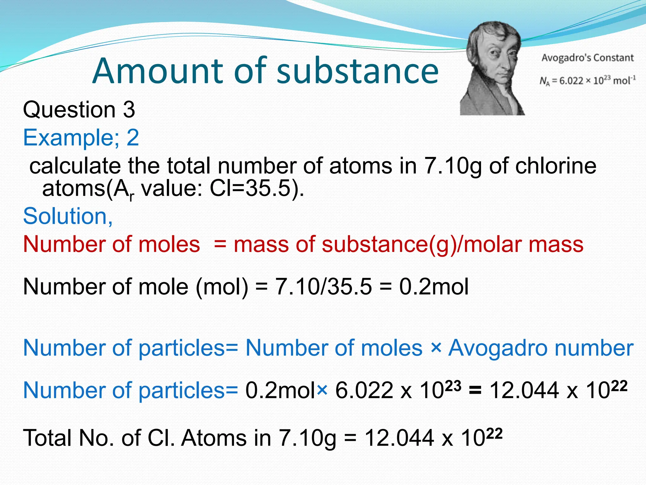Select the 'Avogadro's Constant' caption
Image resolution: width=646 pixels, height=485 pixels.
pos(587,58)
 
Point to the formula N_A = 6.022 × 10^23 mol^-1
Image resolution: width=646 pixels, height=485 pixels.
pos(587,81)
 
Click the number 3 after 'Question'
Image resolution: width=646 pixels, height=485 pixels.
pos(129,110)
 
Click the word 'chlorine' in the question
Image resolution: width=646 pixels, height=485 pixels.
pos(555,166)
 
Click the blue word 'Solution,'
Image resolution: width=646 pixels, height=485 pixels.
pos(68,216)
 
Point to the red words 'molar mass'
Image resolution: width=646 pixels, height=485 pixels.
pos(524,244)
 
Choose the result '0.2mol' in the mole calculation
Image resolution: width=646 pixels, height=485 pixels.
pos(434,287)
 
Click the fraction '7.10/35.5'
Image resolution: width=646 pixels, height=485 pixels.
pos(324,287)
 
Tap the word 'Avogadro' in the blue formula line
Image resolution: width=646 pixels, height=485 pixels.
pos(498,348)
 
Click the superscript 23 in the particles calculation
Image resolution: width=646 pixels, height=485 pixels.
pos(453,386)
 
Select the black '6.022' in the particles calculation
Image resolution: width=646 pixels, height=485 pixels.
pos(364,391)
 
